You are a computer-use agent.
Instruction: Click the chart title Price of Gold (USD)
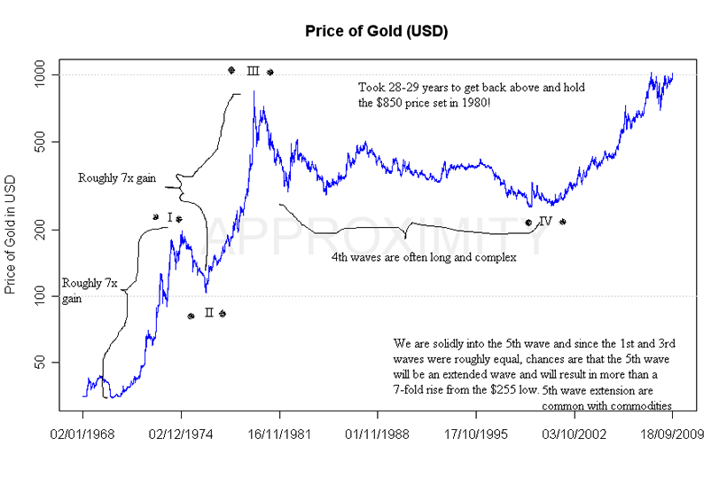point(363,32)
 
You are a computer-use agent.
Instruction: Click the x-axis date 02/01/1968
point(83,436)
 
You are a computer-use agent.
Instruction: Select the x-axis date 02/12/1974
point(182,436)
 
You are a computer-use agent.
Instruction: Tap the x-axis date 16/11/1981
point(279,436)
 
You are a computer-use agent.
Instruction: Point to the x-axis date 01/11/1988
point(378,436)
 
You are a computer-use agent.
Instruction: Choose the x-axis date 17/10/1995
point(476,436)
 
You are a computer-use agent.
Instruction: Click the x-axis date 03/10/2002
point(574,436)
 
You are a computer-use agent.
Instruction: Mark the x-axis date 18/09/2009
point(671,436)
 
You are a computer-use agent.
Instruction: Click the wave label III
point(252,71)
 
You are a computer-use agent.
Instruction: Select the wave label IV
point(545,222)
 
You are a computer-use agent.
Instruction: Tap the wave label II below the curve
point(207,314)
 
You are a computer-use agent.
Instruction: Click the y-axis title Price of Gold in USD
point(12,230)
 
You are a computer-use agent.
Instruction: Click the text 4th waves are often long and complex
point(424,257)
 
